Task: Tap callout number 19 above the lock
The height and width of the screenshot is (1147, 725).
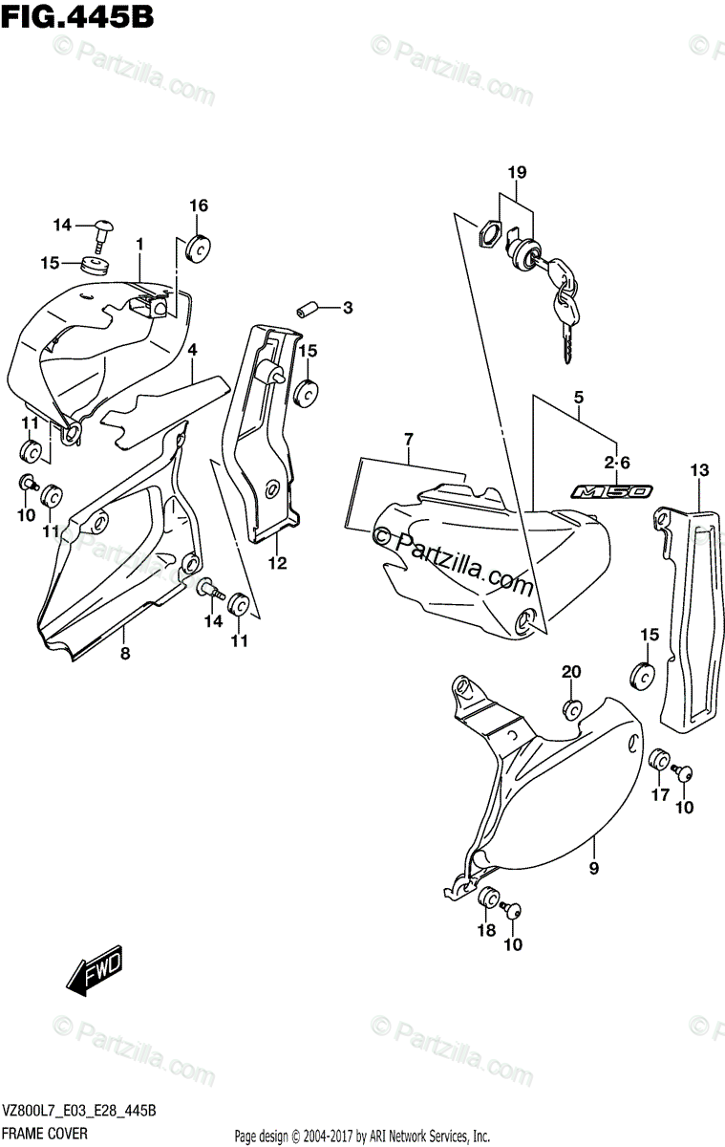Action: pos(517,173)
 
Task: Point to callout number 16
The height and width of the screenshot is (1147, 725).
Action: pos(198,206)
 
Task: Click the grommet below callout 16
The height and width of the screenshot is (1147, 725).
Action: pos(200,247)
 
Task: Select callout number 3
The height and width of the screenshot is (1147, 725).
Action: pos(348,308)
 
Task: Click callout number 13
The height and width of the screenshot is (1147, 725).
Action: pos(699,469)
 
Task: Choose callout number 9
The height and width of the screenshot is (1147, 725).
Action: pos(593,869)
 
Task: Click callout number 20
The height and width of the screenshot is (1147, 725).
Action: pos(570,672)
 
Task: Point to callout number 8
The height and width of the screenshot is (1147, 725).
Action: pos(124,654)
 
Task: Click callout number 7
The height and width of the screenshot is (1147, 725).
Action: pos(408,439)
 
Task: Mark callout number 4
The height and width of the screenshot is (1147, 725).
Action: pos(192,351)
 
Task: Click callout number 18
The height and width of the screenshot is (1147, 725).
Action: pos(485,930)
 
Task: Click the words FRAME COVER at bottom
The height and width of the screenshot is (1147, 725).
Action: pos(47,1133)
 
